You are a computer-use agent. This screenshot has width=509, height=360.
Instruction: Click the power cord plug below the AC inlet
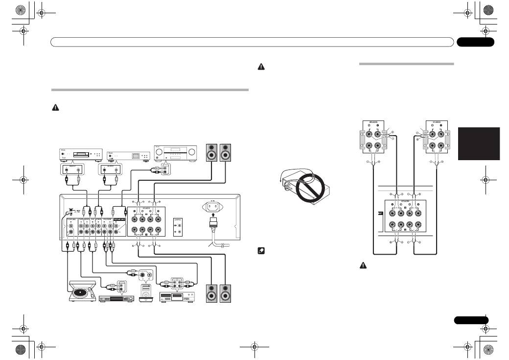coord(213,228)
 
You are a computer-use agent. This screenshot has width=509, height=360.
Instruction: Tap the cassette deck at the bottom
coord(176,297)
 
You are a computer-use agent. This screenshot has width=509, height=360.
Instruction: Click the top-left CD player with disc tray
coord(79,154)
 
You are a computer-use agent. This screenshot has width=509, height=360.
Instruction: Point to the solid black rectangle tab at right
coord(479,144)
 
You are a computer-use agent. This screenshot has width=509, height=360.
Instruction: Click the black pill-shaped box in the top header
coord(475,43)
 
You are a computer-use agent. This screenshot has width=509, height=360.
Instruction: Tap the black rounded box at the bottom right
coord(471,320)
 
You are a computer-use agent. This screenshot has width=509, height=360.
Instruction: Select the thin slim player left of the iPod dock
coord(116,298)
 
